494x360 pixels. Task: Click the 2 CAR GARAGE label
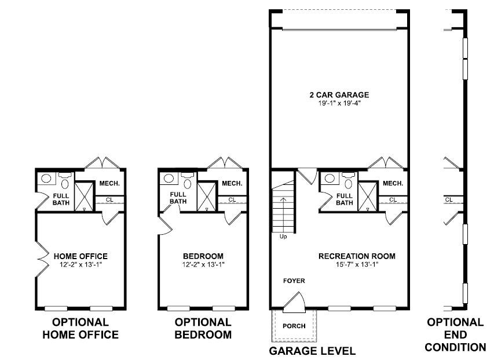click(339, 95)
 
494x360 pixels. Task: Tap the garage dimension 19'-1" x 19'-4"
click(339, 103)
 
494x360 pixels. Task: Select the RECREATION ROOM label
click(357, 256)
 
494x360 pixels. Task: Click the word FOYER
click(294, 281)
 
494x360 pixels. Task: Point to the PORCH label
click(294, 326)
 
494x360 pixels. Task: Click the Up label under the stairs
click(283, 237)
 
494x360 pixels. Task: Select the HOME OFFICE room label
click(80, 256)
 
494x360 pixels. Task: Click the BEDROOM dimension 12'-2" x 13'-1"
click(203, 264)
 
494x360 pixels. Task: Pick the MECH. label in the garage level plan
click(393, 183)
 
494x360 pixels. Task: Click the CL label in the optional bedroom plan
click(232, 199)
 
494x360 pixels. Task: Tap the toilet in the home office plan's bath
click(65, 181)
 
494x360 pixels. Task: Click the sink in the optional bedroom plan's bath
click(169, 178)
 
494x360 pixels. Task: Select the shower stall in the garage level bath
click(368, 197)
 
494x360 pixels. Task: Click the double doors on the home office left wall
click(42, 259)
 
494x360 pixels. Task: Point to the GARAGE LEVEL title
click(312, 351)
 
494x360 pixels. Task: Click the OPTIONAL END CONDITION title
click(455, 334)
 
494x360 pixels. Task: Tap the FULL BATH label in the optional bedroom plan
click(178, 198)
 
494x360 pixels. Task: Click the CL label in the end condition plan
click(449, 199)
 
